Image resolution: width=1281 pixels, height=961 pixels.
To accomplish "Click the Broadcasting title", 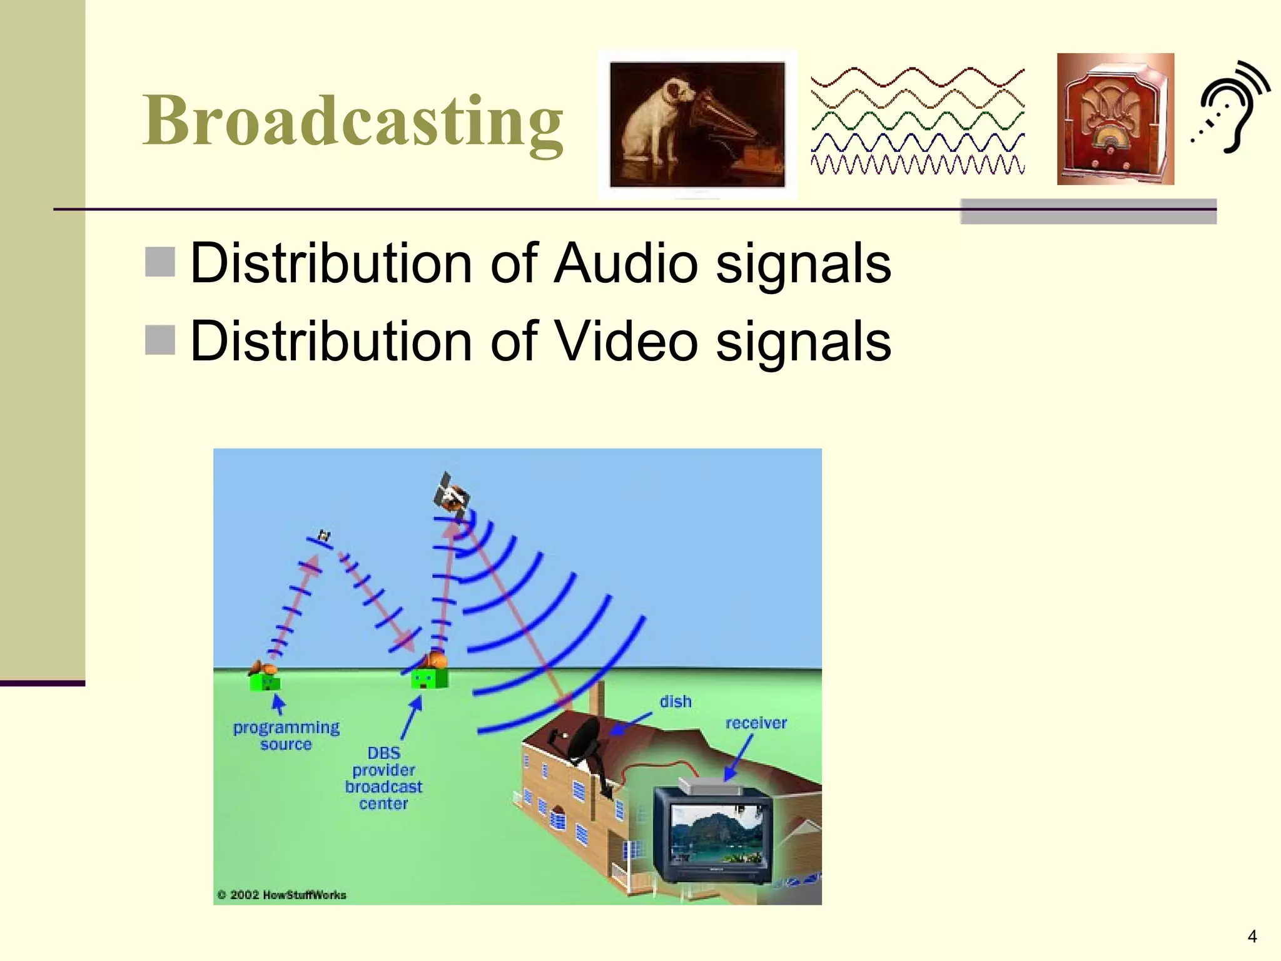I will tap(353, 120).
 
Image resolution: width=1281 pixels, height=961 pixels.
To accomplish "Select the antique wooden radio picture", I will tap(1115, 119).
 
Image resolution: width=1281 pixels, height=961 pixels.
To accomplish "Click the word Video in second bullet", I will tap(626, 341).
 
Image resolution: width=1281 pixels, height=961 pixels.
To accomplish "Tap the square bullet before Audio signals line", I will tap(160, 262).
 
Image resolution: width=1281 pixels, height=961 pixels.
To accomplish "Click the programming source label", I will tap(286, 736).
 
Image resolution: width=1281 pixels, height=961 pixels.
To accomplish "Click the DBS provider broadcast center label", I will tap(383, 778).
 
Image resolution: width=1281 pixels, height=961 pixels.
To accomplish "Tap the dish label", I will tap(676, 701).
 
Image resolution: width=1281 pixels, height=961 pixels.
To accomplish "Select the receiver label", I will tap(756, 723).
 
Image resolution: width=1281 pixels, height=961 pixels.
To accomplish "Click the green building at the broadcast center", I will tap(429, 678).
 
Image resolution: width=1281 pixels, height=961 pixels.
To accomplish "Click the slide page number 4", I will tap(1252, 936).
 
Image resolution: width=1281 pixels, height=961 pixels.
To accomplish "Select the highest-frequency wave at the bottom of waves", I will tap(917, 165).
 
